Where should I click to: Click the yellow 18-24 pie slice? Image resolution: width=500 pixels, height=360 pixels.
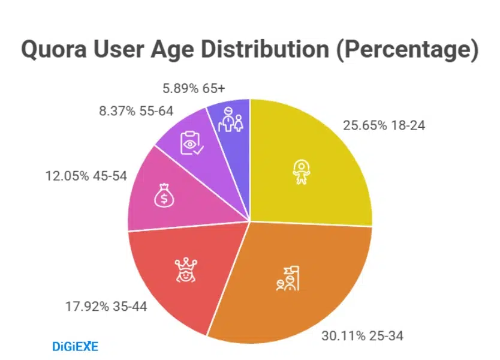[x=312, y=162]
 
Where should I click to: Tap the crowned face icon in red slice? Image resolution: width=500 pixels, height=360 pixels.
[x=186, y=269]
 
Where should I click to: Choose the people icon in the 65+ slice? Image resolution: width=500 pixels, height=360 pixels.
[x=231, y=121]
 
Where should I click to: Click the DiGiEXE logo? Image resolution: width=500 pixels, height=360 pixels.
[x=75, y=346]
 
